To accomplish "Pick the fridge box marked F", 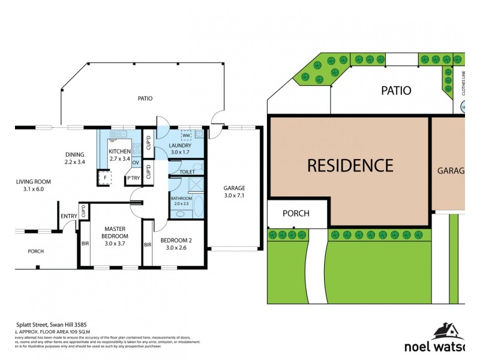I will (x=105, y=178).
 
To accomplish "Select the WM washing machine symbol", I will (x=186, y=136).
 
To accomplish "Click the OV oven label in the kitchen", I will (x=135, y=163).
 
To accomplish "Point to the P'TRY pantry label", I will (x=133, y=178).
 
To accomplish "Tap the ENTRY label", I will (x=68, y=217).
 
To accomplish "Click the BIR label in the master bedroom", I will (x=85, y=244).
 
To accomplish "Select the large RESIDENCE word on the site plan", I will (x=350, y=165).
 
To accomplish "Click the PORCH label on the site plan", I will (x=296, y=213).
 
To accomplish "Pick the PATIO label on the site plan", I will (x=397, y=91).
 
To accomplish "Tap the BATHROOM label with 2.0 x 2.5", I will (x=181, y=200).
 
